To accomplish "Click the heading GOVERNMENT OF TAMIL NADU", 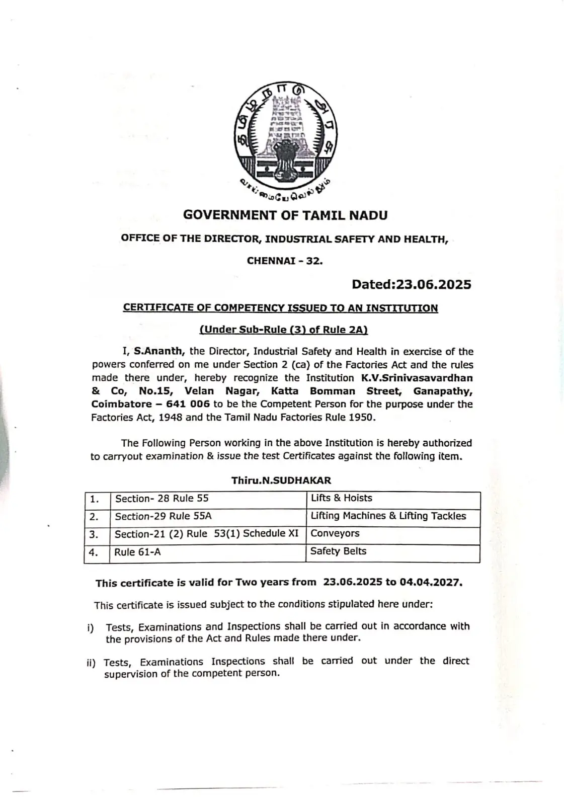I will tap(285, 215).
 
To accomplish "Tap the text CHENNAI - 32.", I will tap(285, 261).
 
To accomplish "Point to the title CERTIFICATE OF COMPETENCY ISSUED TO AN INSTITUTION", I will tap(280, 308).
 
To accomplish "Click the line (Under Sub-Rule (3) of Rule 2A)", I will tap(284, 330).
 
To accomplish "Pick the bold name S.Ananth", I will tap(159, 352).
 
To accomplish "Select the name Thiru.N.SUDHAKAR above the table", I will tap(281, 480).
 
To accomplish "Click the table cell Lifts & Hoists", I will tap(342, 498).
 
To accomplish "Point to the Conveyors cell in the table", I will tap(335, 533).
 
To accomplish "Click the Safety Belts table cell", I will tap(338, 551).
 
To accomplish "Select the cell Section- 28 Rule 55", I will tap(162, 499).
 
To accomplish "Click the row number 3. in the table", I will tap(94, 534).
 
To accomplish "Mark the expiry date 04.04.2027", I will tap(431, 583).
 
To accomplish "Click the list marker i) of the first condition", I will tap(91, 628).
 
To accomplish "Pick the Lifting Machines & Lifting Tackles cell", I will tap(388, 516).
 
